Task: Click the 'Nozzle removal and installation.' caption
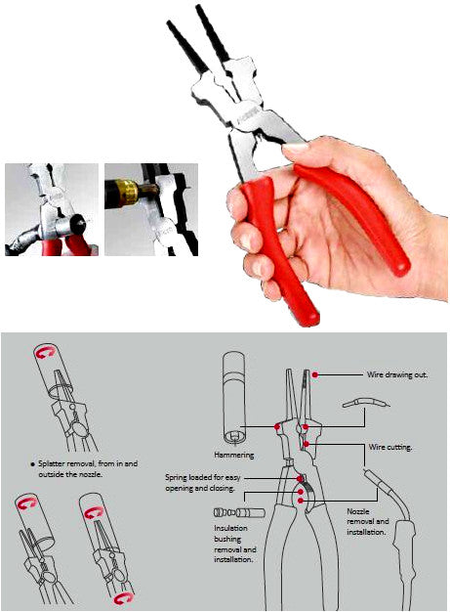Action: point(367,524)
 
